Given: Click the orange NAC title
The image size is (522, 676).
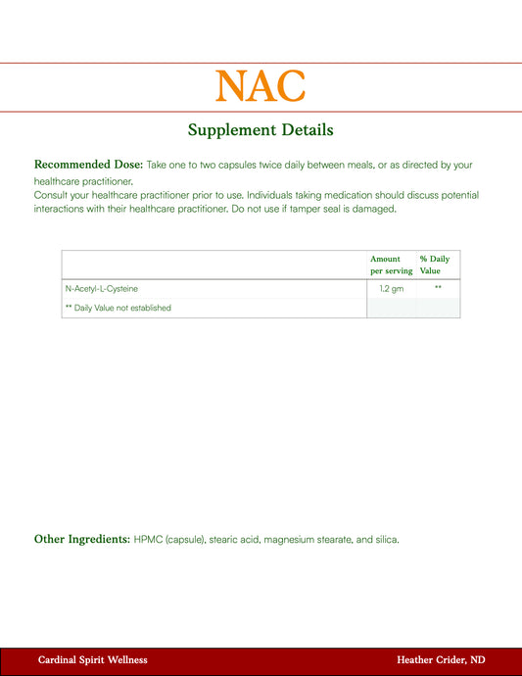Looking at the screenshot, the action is (x=261, y=86).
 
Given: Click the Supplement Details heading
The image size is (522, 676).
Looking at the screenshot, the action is (x=261, y=129).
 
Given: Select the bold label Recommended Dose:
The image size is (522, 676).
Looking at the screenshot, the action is (x=89, y=165).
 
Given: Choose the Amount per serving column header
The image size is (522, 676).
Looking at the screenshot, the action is (x=391, y=265).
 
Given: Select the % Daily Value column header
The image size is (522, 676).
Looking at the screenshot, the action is (x=435, y=265).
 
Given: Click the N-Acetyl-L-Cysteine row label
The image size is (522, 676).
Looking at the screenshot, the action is (x=102, y=289).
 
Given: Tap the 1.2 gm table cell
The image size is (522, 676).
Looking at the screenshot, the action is (x=391, y=289).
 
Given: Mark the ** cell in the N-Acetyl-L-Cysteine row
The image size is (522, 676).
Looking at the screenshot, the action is (x=438, y=289).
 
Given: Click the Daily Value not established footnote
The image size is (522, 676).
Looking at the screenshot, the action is (x=118, y=308).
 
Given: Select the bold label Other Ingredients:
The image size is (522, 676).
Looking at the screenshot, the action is (x=82, y=539).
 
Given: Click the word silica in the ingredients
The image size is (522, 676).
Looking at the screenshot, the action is (x=385, y=539).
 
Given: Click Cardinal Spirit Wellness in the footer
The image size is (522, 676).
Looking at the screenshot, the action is (x=93, y=660).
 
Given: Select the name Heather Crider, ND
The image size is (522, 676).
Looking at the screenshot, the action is (x=441, y=660).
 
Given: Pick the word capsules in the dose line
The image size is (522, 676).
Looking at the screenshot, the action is (x=229, y=165).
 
